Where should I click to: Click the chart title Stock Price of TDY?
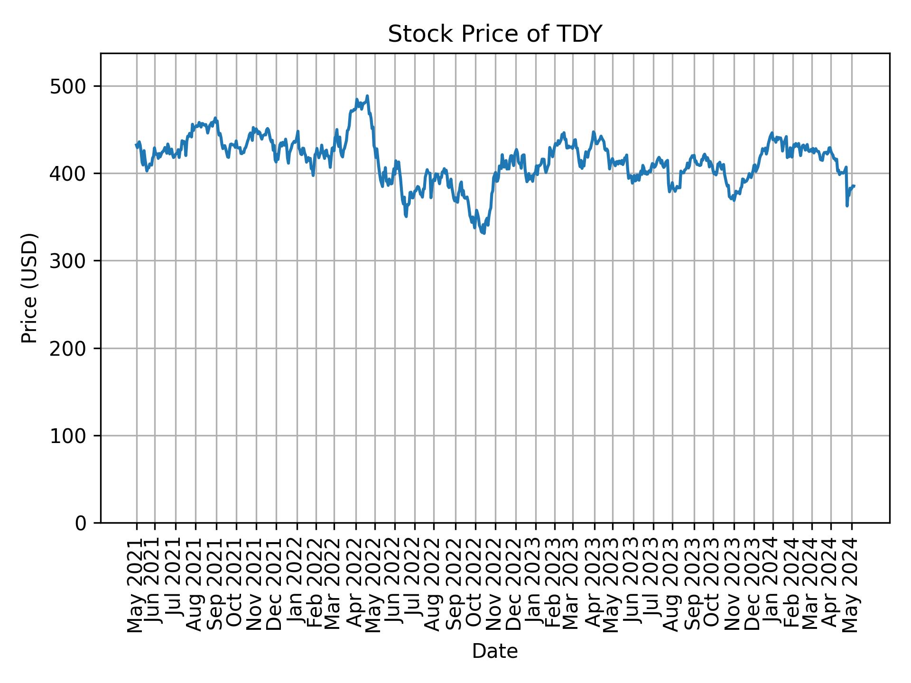click(x=495, y=34)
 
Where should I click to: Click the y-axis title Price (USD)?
click(x=29, y=288)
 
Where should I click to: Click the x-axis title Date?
click(x=495, y=651)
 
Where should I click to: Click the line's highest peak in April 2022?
click(x=367, y=96)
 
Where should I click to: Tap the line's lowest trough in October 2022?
click(x=483, y=233)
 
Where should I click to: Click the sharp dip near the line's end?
click(x=847, y=205)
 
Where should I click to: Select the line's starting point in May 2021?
click(x=137, y=145)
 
